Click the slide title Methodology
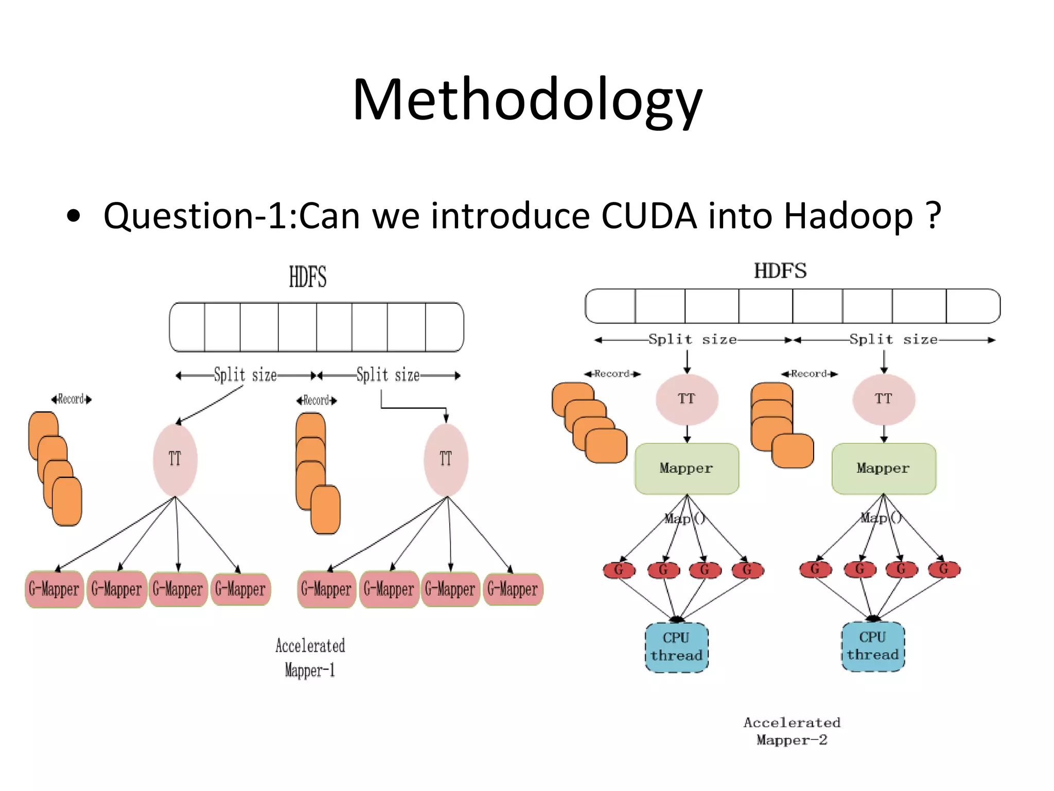(x=527, y=100)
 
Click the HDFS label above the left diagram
(x=307, y=277)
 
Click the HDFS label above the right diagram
(x=780, y=271)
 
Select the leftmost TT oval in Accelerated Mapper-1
(x=175, y=459)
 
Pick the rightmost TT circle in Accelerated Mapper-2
(x=883, y=399)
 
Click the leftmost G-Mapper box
(x=54, y=589)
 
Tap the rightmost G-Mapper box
(x=513, y=589)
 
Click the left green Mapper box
(x=687, y=469)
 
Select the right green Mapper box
(x=883, y=469)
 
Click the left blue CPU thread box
(x=676, y=647)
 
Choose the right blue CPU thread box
(x=873, y=646)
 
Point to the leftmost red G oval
(x=619, y=570)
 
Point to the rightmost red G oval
(x=944, y=569)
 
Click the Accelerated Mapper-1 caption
(x=310, y=658)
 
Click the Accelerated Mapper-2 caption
(x=792, y=731)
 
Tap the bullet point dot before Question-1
(x=74, y=216)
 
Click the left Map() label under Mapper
(x=684, y=519)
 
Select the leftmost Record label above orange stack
(x=71, y=399)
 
